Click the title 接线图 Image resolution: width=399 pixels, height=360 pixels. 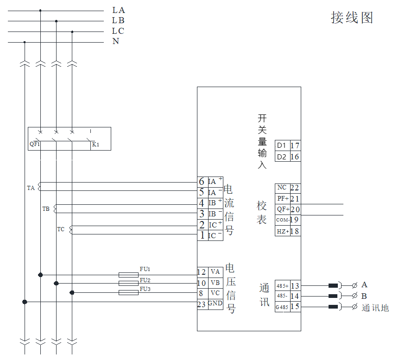(x=352, y=18)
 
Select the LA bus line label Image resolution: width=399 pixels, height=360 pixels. (x=119, y=10)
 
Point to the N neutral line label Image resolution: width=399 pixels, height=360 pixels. (x=116, y=41)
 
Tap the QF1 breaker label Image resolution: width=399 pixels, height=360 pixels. (x=35, y=144)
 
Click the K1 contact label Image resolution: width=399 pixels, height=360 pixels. (x=95, y=145)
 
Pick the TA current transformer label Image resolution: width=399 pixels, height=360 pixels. (x=31, y=188)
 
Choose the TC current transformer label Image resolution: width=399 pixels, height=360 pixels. (x=61, y=229)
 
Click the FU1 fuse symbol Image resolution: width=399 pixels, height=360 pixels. (x=129, y=274)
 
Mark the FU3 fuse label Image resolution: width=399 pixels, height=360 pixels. (x=145, y=289)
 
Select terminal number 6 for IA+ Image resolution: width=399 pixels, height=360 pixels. (x=202, y=182)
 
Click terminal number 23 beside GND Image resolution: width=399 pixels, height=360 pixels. (x=202, y=304)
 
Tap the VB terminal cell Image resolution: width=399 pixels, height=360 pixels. (x=215, y=283)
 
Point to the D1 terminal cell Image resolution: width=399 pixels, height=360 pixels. (x=282, y=145)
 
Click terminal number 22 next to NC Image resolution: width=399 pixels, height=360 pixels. (x=295, y=188)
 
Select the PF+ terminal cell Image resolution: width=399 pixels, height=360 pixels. (x=283, y=199)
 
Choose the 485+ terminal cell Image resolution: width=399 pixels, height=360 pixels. (x=282, y=286)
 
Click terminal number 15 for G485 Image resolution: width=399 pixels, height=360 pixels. (x=295, y=307)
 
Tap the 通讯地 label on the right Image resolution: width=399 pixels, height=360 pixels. (x=375, y=308)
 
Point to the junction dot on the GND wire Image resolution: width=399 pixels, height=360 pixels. (x=25, y=302)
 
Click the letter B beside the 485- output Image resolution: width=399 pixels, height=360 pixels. (x=364, y=296)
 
